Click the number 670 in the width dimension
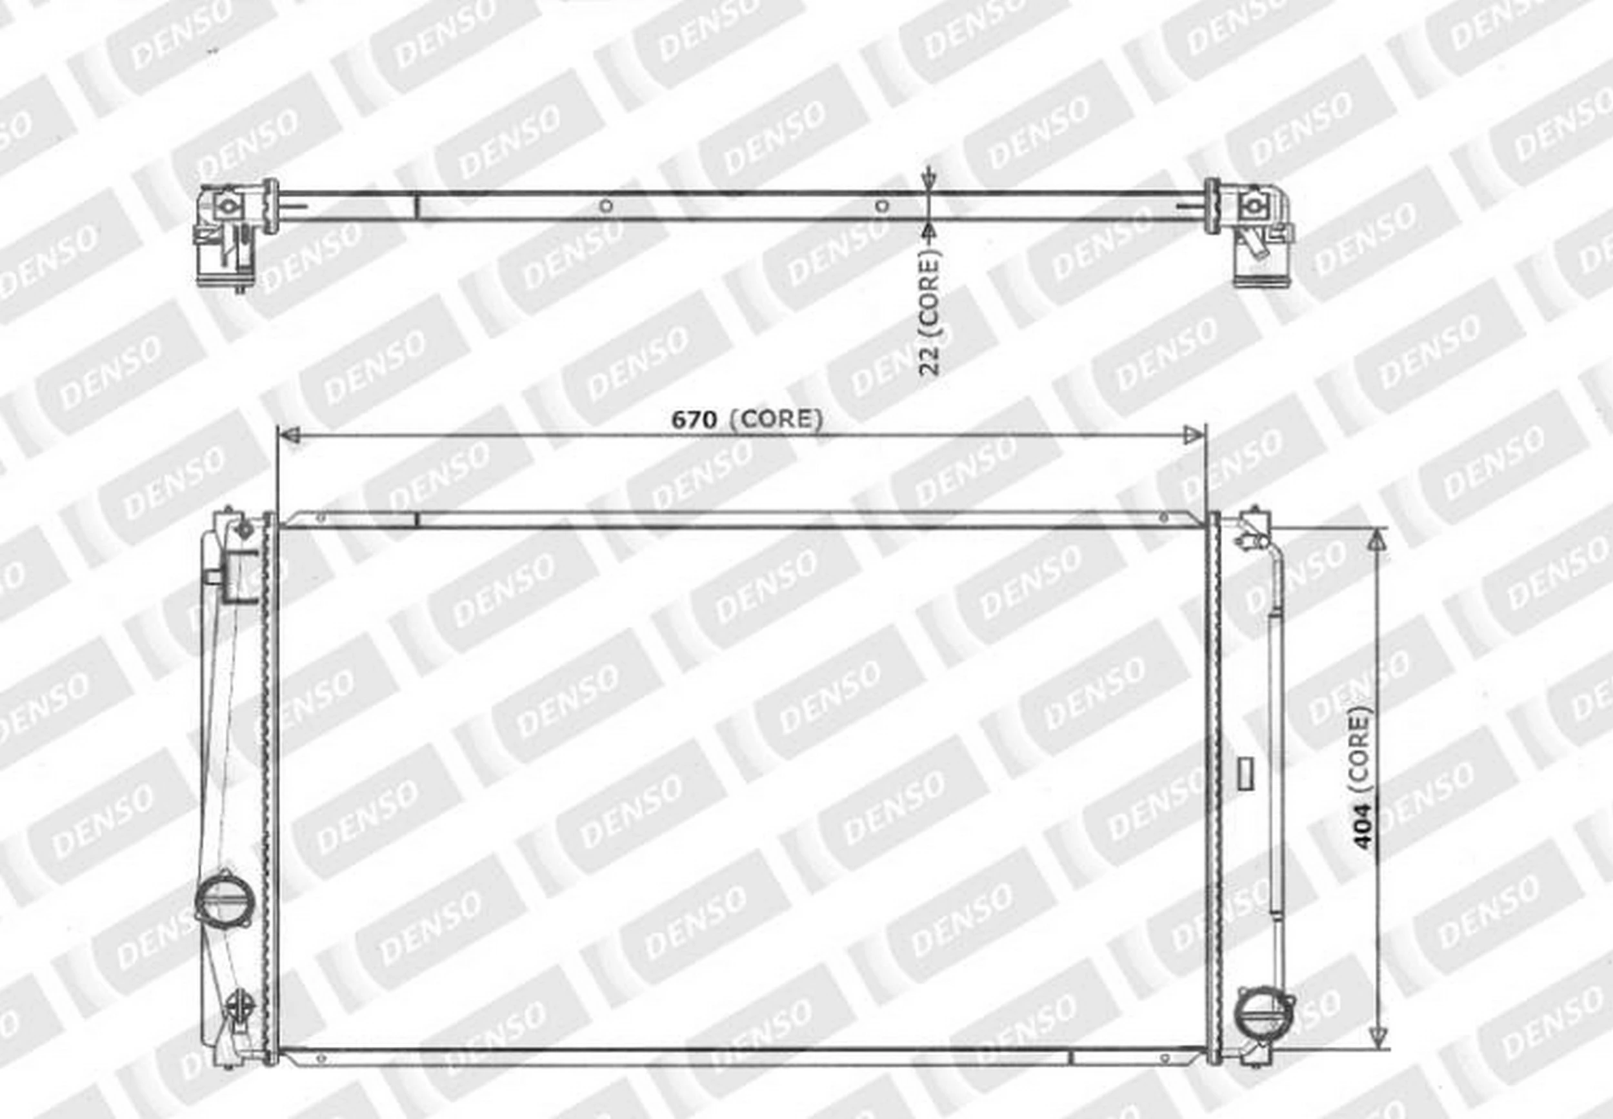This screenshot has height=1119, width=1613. pyautogui.click(x=694, y=419)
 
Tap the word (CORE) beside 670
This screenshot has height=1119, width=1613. pyautogui.click(x=776, y=419)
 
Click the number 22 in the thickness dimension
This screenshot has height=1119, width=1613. pyautogui.click(x=929, y=361)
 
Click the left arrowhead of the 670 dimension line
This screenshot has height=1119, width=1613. pyautogui.click(x=290, y=435)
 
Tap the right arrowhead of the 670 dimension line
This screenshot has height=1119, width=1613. pyautogui.click(x=1192, y=435)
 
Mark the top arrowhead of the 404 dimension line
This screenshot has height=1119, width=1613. pyautogui.click(x=1378, y=539)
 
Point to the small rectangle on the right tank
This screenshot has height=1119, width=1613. pyautogui.click(x=1245, y=773)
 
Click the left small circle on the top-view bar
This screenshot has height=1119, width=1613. pyautogui.click(x=606, y=206)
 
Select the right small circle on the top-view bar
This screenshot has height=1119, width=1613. pyautogui.click(x=882, y=206)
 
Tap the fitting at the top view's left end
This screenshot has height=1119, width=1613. pyautogui.click(x=223, y=235)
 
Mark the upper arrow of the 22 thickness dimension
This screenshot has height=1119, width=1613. pyautogui.click(x=928, y=179)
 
